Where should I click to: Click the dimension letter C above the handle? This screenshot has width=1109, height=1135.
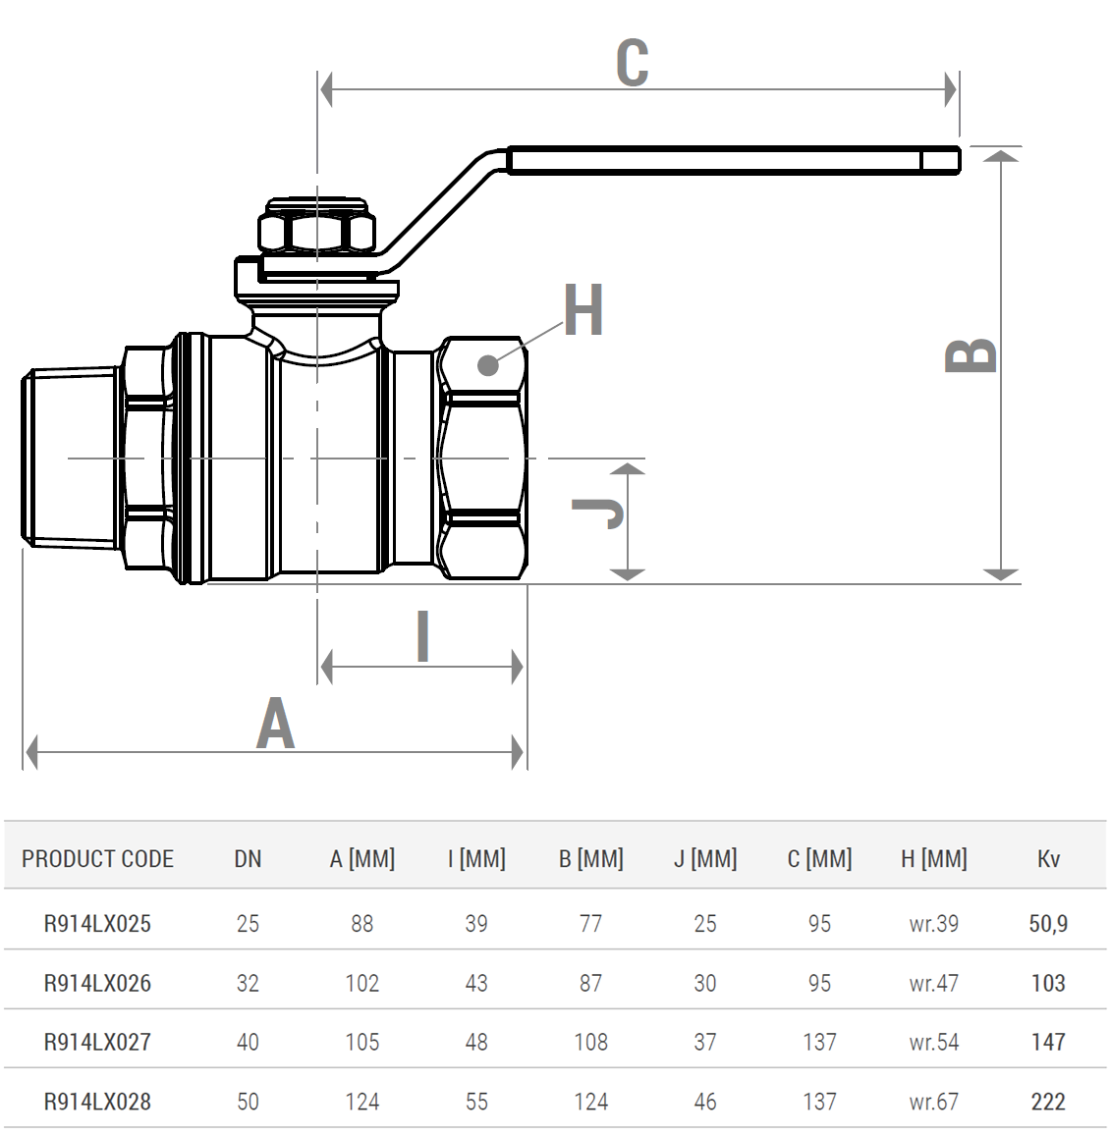point(632,62)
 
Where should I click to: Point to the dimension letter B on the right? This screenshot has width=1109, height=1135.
point(970,355)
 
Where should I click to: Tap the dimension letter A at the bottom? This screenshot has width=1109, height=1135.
point(275,724)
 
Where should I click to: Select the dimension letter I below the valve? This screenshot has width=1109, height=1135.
point(423,635)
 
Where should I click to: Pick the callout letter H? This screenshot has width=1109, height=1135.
point(583,310)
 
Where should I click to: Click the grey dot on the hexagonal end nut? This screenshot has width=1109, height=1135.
point(488,365)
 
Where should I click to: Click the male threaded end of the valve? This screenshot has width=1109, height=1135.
point(71,458)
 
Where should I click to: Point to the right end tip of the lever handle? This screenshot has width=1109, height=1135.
point(960,160)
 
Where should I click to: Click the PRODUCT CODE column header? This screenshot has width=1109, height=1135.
point(98,858)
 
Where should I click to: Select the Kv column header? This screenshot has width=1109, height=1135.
point(1048,858)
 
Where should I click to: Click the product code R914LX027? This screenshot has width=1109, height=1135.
point(98,1042)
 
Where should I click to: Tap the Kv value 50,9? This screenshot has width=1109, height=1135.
point(1048,924)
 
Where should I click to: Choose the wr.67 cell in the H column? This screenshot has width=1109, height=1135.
point(934,1101)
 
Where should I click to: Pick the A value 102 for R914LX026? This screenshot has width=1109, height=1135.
point(362,983)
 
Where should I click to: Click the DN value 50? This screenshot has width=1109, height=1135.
point(248,1101)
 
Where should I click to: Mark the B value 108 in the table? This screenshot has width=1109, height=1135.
point(591,1042)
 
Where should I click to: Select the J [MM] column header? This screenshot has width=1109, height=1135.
point(705,858)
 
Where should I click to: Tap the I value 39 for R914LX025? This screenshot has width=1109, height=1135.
point(476,924)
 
